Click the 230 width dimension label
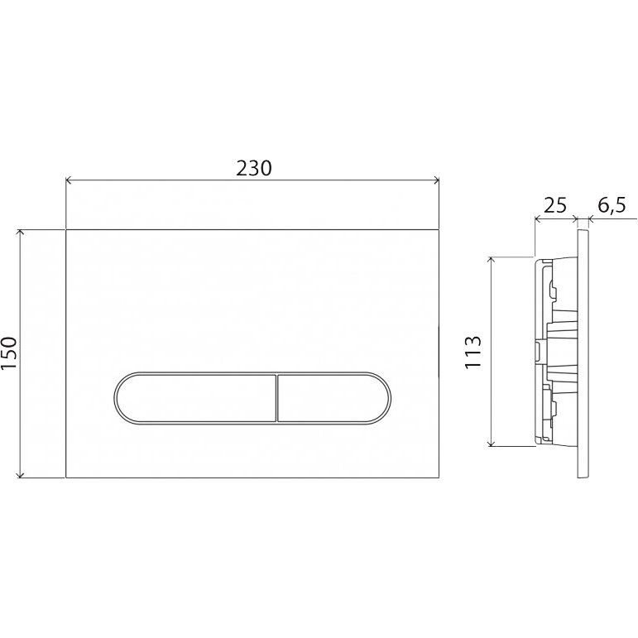tap(254, 169)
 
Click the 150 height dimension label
tap(10, 353)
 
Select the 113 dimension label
tap(473, 353)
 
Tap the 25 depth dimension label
tap(555, 206)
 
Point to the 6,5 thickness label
tap(612, 206)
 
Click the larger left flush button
tap(196, 398)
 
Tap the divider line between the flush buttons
tap(276, 398)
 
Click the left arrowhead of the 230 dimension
tap(69, 180)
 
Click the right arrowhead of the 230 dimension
tap(436, 180)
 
